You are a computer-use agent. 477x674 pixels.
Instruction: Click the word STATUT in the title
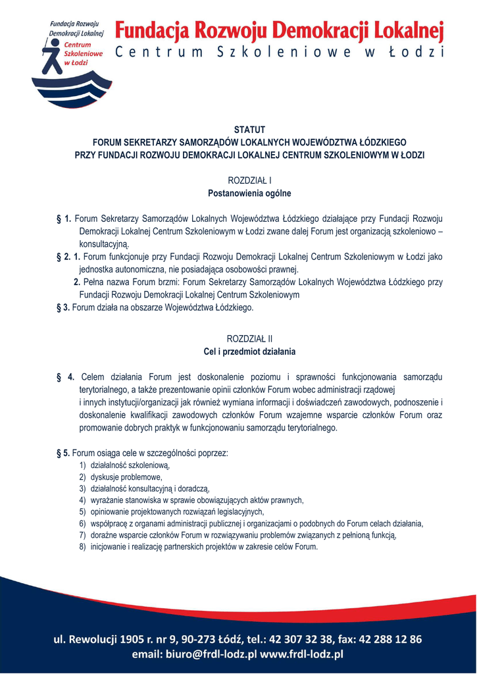249,129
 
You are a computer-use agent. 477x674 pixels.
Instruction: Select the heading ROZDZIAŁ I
249,180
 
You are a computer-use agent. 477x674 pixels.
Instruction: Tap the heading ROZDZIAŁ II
249,338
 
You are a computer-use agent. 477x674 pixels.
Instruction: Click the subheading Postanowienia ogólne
249,194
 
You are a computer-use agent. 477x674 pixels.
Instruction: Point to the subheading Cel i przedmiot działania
249,351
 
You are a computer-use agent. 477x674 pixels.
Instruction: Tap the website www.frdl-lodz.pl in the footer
302,654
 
